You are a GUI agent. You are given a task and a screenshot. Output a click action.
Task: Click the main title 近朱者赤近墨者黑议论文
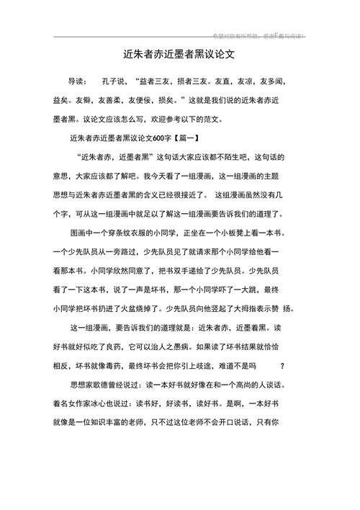tap(179, 54)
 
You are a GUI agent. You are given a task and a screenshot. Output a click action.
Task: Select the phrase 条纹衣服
tap(135, 233)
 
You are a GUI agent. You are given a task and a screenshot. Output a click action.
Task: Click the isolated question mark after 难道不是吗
tap(282, 364)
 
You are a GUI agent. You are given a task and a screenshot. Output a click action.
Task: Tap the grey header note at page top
tap(258, 35)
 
